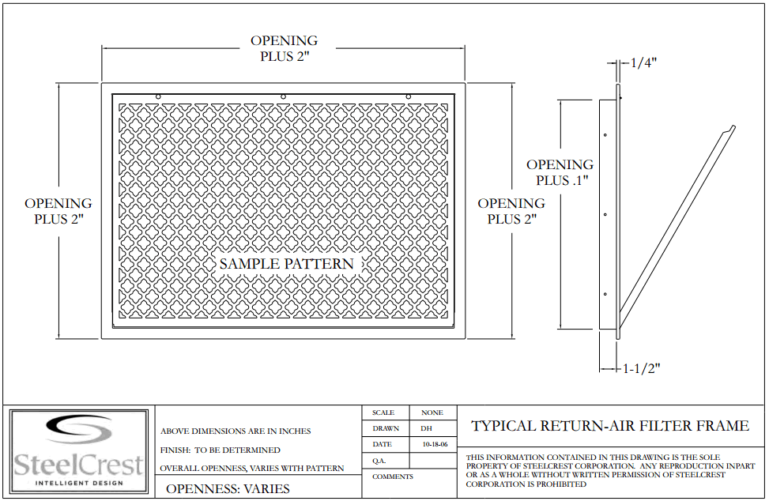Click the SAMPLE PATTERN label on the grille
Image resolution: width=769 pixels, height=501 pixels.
286,264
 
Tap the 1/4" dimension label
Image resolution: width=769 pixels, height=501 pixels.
643,62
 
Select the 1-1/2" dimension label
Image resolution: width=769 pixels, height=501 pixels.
642,368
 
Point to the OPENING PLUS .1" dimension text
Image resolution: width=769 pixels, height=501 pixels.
560,172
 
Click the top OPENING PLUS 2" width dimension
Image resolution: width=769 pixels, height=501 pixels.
285,48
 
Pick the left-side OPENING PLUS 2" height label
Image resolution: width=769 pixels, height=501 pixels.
58,211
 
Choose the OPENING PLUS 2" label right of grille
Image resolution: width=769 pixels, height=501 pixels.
511,211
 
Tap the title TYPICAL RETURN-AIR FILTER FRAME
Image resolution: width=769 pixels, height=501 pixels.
610,425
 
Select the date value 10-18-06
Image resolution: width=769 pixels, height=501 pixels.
435,445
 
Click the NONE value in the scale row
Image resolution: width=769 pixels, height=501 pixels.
432,412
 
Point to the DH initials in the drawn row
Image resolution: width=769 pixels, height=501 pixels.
426,428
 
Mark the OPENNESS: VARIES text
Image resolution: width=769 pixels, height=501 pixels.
228,488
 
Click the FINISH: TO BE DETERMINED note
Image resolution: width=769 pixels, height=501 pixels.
221,450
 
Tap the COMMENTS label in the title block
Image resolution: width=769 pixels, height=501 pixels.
392,477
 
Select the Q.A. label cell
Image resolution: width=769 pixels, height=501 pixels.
379,461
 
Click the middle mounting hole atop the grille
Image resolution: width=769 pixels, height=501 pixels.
283,97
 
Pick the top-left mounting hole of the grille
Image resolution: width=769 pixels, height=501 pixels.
158,97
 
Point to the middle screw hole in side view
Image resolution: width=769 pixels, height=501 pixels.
605,215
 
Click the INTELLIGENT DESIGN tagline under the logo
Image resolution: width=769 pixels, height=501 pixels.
79,484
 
